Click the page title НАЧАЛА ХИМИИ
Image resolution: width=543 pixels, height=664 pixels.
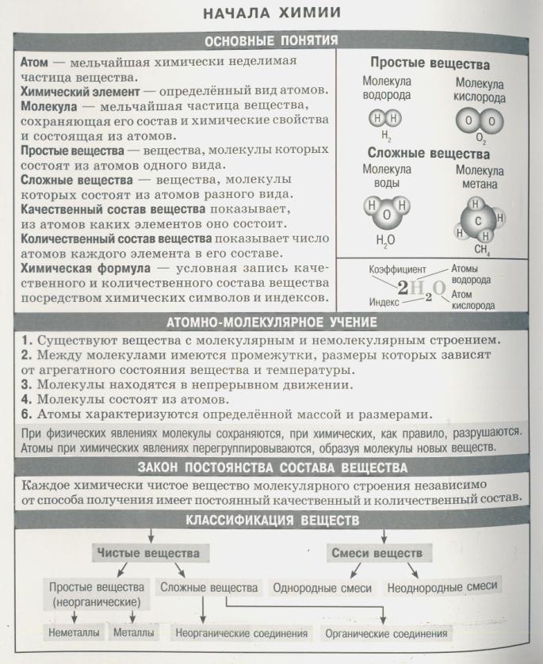272,13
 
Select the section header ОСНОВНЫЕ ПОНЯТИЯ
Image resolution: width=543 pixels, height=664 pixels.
272,40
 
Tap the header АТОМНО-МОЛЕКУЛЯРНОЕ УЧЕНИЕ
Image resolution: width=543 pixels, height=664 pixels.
272,322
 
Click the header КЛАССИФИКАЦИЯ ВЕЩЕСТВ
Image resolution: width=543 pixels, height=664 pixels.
272,521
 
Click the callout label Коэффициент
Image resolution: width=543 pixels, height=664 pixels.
397,269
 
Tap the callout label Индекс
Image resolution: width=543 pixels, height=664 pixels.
384,302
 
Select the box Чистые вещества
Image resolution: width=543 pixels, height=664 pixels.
148,552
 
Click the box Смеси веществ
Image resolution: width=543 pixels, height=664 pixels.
376,552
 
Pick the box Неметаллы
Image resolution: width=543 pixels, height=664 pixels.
74,633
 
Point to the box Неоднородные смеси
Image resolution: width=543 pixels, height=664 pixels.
442,586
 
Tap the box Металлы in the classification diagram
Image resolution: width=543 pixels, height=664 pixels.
133,633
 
